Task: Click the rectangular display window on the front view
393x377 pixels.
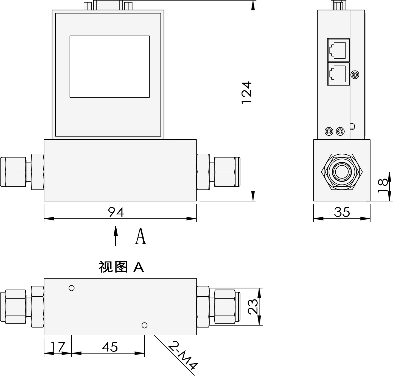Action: click(x=110, y=66)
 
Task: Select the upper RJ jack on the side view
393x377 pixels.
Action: click(x=338, y=50)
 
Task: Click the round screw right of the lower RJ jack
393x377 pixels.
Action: click(x=355, y=74)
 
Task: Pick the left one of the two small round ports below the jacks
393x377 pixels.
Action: click(x=329, y=132)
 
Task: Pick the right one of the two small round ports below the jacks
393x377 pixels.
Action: click(x=340, y=132)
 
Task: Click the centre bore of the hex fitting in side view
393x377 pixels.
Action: click(x=342, y=171)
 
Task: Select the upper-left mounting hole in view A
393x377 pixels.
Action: click(x=72, y=288)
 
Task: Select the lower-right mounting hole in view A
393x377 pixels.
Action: click(x=144, y=325)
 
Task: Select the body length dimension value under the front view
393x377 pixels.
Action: click(x=116, y=212)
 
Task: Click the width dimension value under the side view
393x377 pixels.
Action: click(x=342, y=212)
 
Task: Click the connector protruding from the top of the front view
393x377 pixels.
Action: click(x=108, y=5)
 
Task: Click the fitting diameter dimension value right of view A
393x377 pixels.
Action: click(x=252, y=307)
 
